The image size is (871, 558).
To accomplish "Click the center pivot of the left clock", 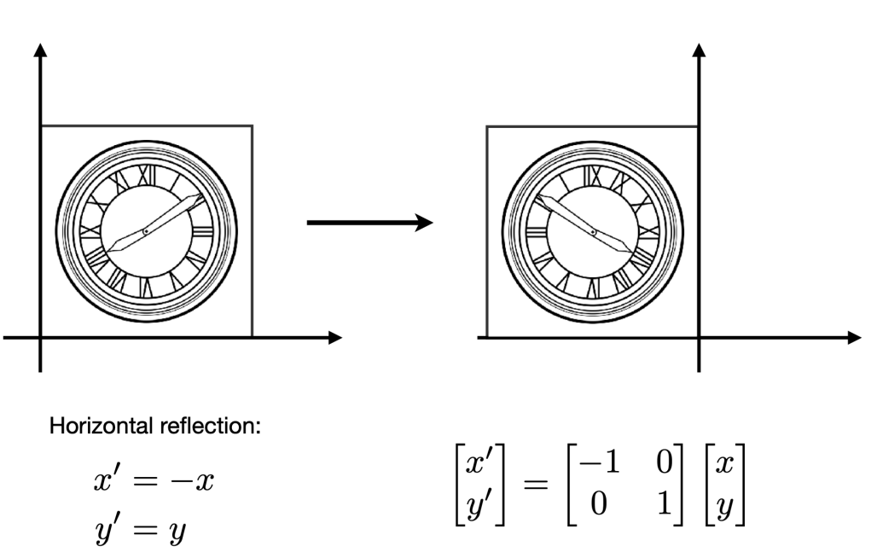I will click(146, 231).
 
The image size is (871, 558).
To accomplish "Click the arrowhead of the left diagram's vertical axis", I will click(40, 49).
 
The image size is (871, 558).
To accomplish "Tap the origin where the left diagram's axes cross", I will click(40, 338).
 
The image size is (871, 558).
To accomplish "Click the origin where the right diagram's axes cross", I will click(700, 338).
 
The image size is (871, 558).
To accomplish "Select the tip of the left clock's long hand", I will click(203, 196).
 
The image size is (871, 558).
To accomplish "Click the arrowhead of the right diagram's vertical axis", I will click(700, 49).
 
